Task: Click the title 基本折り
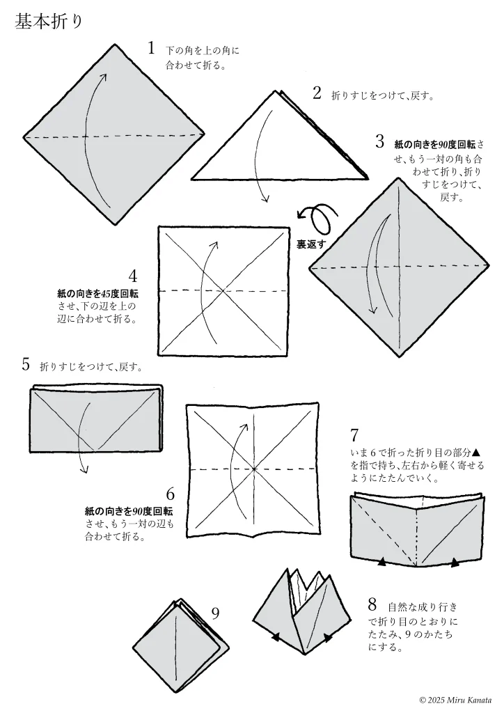(x=49, y=22)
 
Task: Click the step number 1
(x=151, y=48)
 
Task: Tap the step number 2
(x=317, y=93)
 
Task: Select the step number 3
(x=379, y=142)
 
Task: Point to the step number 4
(x=133, y=276)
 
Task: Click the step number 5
(x=26, y=363)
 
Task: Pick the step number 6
(x=170, y=495)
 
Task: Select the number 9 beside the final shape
(x=215, y=613)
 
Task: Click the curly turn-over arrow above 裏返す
(x=317, y=219)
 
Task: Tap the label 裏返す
(x=311, y=244)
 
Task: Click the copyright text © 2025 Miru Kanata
(x=455, y=699)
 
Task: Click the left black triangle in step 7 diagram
(x=381, y=561)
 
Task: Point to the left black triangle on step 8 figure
(x=276, y=636)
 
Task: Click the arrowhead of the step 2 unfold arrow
(x=265, y=200)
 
